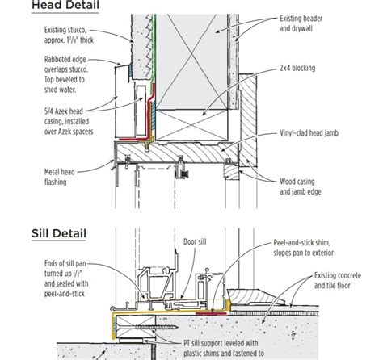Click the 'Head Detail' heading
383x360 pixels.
(65, 6)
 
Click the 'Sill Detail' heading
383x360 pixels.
(59, 233)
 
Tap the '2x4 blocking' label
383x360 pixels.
(297, 68)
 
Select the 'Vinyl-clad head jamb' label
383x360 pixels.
(309, 133)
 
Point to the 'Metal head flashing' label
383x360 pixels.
(60, 177)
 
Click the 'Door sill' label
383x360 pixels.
(195, 241)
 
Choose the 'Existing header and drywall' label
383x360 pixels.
(301, 23)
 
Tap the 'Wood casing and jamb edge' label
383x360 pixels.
(301, 186)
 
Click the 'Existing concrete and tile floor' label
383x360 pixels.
(338, 280)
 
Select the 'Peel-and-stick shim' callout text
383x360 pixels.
(304, 248)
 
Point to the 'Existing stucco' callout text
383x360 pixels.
(69, 35)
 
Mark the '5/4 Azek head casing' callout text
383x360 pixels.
(69, 121)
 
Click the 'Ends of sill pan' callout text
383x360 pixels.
(66, 278)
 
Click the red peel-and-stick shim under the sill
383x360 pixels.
(211, 313)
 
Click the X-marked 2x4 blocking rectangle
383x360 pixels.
(192, 124)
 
